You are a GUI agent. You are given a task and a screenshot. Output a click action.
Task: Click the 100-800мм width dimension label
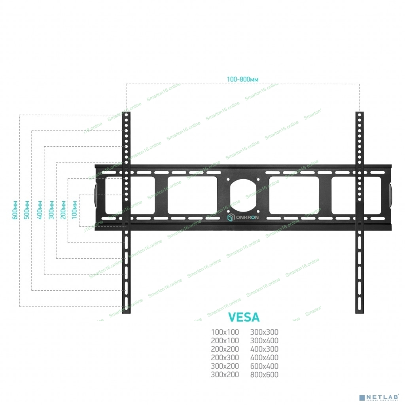tap(242, 79)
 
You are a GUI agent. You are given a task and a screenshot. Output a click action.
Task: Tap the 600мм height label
tap(15, 210)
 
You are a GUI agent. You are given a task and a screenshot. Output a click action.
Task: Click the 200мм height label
tap(63, 210)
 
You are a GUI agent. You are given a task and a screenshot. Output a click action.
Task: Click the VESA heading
tap(244, 317)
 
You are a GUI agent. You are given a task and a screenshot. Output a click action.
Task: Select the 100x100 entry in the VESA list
tap(225, 332)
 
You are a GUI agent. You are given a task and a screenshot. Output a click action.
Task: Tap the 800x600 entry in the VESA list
tap(264, 375)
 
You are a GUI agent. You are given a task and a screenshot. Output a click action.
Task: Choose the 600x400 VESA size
tap(264, 366)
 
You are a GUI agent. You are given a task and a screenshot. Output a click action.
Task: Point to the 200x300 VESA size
tap(225, 358)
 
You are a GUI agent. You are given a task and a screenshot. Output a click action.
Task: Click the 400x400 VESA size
tap(264, 358)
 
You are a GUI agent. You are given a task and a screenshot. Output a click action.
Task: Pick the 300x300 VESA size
tap(264, 332)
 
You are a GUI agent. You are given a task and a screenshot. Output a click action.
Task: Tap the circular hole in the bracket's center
tap(244, 195)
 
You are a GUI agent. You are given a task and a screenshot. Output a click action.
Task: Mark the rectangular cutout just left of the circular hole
tap(192, 195)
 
